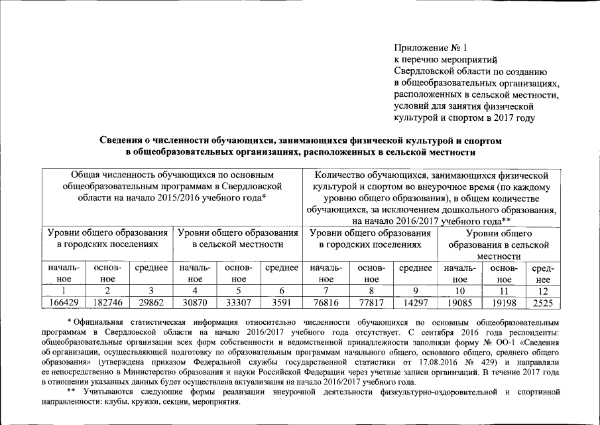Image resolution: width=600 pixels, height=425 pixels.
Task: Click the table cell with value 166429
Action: [x=64, y=303]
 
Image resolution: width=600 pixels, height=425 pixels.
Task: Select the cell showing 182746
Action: [x=107, y=303]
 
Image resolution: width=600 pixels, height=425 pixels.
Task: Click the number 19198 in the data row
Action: [x=505, y=303]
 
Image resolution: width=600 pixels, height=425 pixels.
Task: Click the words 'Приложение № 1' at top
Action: [x=430, y=48]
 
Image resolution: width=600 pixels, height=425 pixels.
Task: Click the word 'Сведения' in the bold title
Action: [x=121, y=141]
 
